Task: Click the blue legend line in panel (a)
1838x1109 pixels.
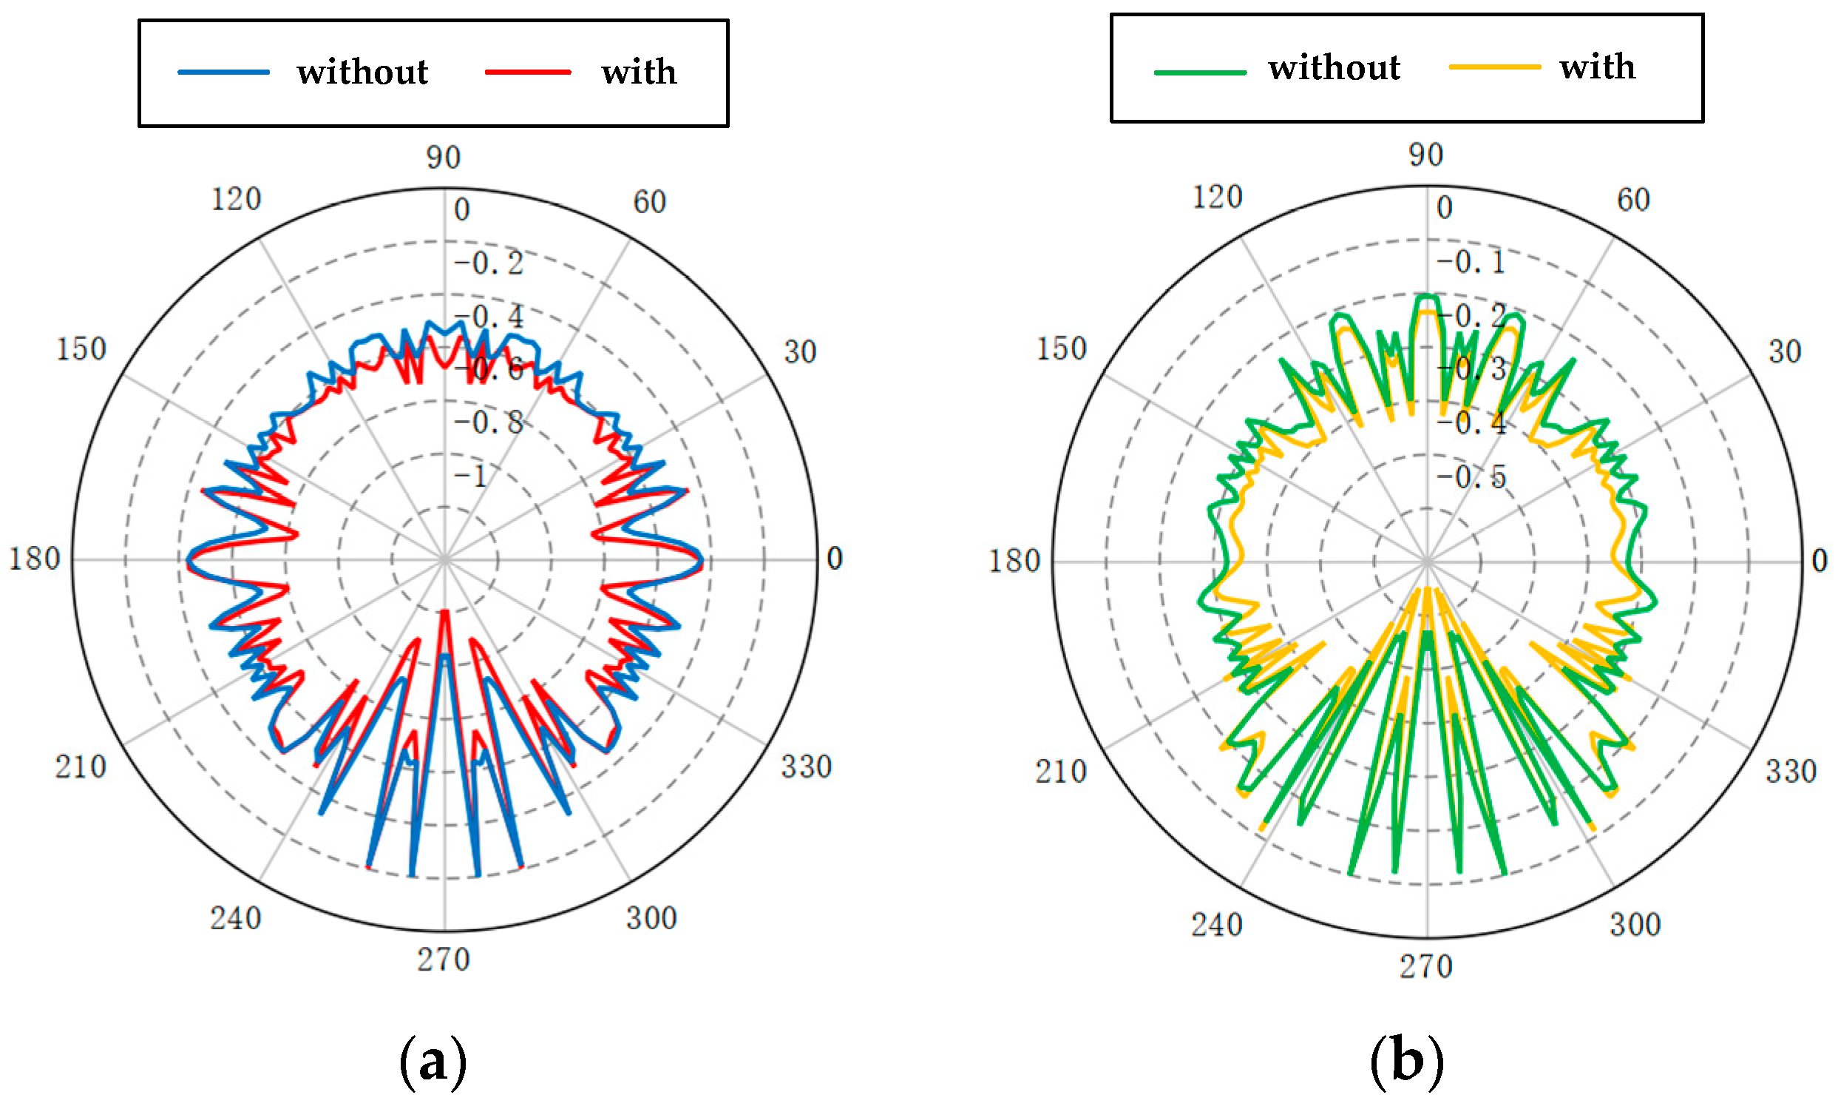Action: pos(224,72)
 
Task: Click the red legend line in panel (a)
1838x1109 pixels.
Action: pos(527,72)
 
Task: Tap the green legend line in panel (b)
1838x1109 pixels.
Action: pos(1199,73)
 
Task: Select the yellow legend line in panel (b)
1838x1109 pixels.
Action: pos(1494,67)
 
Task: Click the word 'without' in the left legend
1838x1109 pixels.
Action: pos(362,73)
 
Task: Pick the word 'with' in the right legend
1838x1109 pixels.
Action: pos(1597,67)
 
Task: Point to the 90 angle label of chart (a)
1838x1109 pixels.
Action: pos(444,158)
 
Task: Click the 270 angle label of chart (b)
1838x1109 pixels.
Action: pos(1425,966)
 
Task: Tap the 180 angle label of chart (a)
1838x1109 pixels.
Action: pos(34,559)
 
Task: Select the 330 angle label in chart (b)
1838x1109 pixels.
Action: pos(1790,772)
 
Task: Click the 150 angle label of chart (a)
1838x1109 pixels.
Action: pos(81,349)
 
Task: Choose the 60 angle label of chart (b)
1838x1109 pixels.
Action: pos(1633,200)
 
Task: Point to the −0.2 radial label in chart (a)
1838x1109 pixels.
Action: pos(489,263)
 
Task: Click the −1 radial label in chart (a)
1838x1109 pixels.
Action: pos(472,476)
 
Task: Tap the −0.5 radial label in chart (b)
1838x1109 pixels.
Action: pos(1471,477)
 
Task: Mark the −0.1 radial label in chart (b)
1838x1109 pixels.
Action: pos(1471,262)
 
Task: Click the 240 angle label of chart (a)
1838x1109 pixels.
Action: pos(235,919)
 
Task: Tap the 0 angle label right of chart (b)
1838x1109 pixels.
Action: pos(1820,561)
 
